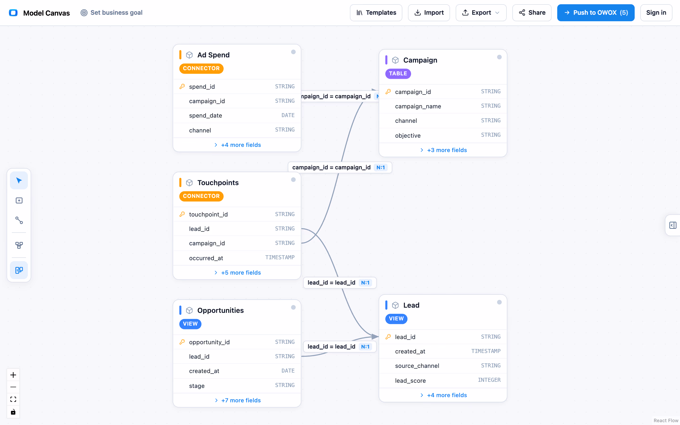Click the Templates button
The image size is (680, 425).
(376, 13)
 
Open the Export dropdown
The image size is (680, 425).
(481, 13)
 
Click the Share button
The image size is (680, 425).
(532, 13)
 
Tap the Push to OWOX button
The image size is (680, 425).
(596, 13)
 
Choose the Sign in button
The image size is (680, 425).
(656, 13)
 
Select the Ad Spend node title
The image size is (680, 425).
(213, 55)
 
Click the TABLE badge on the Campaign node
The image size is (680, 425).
(398, 74)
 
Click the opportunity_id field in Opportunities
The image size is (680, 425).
(209, 342)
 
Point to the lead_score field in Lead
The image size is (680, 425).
(410, 381)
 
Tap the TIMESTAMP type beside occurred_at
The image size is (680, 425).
(280, 257)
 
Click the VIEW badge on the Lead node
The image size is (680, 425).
(396, 319)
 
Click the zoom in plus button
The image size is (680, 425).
(13, 375)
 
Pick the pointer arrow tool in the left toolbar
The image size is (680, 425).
(19, 180)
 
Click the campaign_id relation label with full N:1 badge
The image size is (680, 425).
(340, 168)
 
